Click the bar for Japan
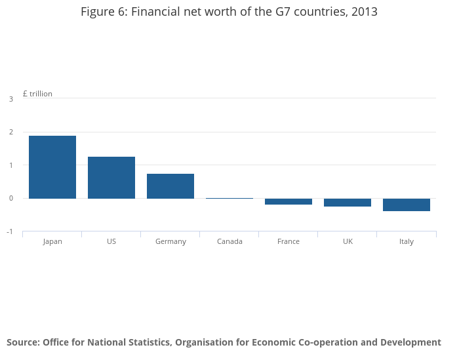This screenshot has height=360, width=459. (52, 167)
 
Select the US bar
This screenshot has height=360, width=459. (111, 177)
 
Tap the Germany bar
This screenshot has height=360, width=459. (170, 186)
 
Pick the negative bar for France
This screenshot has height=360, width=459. (289, 201)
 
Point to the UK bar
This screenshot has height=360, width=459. (348, 203)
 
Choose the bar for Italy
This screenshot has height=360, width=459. (407, 205)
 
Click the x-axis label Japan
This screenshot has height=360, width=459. (52, 241)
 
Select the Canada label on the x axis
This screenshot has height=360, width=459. (229, 241)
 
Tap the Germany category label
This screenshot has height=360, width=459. (170, 241)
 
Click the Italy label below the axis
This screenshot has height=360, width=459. (407, 241)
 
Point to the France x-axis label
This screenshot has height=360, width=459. (289, 241)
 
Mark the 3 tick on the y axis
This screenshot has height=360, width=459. (11, 99)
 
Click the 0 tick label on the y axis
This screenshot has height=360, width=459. (11, 199)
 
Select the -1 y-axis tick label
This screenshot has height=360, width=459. (10, 232)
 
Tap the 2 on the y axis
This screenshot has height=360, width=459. (11, 132)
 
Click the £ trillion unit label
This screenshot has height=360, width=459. (37, 94)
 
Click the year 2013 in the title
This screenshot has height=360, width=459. (365, 12)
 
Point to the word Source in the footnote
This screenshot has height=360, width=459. (23, 342)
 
